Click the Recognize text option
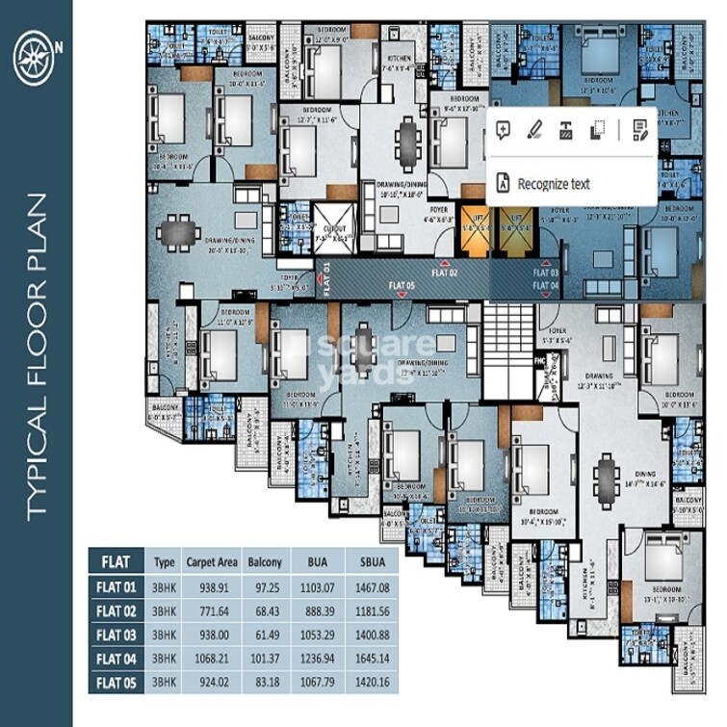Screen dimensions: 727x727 coord(552,184)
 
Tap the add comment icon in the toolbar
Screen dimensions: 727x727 coord(502,130)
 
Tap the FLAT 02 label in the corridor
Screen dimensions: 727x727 coord(444,273)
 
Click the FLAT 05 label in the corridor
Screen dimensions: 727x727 coord(402,285)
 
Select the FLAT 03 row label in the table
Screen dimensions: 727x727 coord(117,635)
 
